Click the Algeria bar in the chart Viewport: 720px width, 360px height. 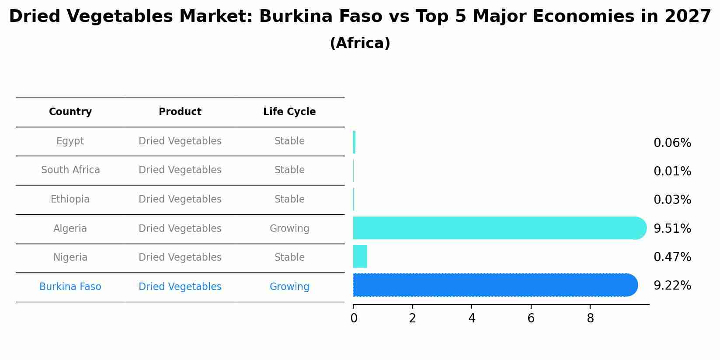pyautogui.click(x=498, y=228)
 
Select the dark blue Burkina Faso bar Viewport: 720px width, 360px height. pyautogui.click(x=494, y=285)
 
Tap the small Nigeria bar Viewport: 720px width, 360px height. pyautogui.click(x=360, y=256)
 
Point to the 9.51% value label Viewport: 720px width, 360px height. pyautogui.click(x=672, y=229)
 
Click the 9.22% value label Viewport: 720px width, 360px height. pyautogui.click(x=672, y=286)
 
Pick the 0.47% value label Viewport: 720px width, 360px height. pyautogui.click(x=672, y=257)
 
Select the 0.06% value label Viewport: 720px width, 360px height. pyautogui.click(x=672, y=143)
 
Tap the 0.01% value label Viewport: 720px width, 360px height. pyautogui.click(x=672, y=171)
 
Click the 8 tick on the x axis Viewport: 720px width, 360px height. pyautogui.click(x=590, y=318)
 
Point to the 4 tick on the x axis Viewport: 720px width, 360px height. pyautogui.click(x=472, y=318)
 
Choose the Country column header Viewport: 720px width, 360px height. pyautogui.click(x=70, y=112)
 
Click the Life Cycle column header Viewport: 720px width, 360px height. pyautogui.click(x=289, y=112)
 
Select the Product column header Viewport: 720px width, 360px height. pyautogui.click(x=180, y=112)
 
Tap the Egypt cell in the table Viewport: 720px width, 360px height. pyautogui.click(x=70, y=141)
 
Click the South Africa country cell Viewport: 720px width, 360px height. pyautogui.click(x=70, y=170)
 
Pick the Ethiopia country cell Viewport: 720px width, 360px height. pyautogui.click(x=70, y=199)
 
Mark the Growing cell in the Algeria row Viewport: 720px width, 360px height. pyautogui.click(x=289, y=229)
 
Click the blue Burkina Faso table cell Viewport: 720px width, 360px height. pyautogui.click(x=70, y=287)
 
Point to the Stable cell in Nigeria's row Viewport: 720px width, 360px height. pyautogui.click(x=289, y=258)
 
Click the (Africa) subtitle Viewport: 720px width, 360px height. pyautogui.click(x=360, y=43)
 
